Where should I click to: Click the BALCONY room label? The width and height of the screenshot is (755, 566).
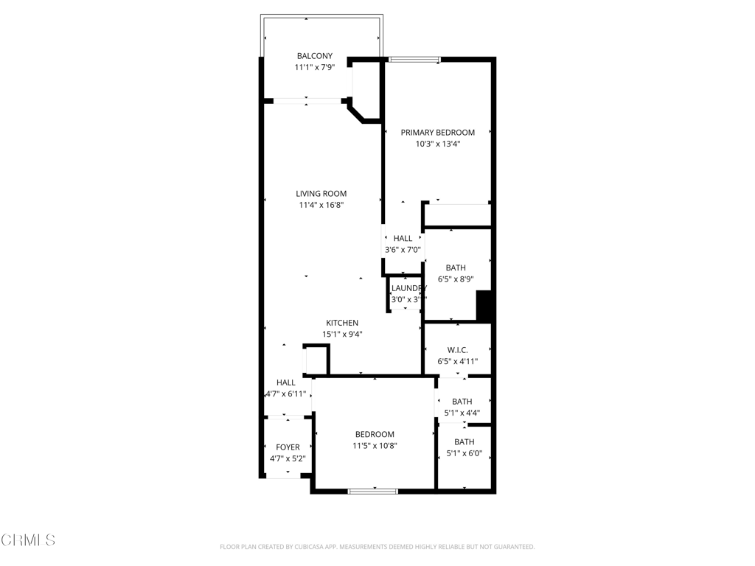(x=314, y=56)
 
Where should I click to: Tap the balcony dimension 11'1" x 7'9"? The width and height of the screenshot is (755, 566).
(x=314, y=68)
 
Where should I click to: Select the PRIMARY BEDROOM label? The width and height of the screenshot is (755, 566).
(x=437, y=133)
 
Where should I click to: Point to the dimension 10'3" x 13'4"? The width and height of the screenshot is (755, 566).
(x=437, y=144)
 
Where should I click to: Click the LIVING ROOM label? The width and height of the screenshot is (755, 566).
(x=321, y=194)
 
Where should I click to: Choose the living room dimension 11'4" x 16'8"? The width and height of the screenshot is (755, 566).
(x=321, y=206)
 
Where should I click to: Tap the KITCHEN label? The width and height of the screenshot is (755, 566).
(x=342, y=323)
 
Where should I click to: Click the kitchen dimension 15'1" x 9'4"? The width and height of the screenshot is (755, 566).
(x=342, y=335)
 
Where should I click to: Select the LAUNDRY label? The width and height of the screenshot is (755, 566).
(x=408, y=288)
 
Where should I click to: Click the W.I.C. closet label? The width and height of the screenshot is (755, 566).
(x=457, y=350)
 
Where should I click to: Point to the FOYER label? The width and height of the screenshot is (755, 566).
(x=288, y=447)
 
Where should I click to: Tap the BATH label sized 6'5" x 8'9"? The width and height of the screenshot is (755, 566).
(x=456, y=268)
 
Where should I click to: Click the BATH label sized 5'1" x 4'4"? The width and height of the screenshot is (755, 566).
(x=462, y=402)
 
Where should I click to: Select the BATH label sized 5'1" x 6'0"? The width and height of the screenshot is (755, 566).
(x=464, y=442)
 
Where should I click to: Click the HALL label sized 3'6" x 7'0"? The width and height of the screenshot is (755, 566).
(x=403, y=239)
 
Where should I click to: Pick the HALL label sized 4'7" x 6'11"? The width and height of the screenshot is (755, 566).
(x=285, y=382)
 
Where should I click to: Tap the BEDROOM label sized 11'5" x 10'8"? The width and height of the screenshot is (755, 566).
(x=375, y=435)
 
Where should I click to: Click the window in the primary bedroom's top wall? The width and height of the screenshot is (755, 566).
(x=414, y=60)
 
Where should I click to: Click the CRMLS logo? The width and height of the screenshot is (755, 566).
(x=28, y=540)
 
